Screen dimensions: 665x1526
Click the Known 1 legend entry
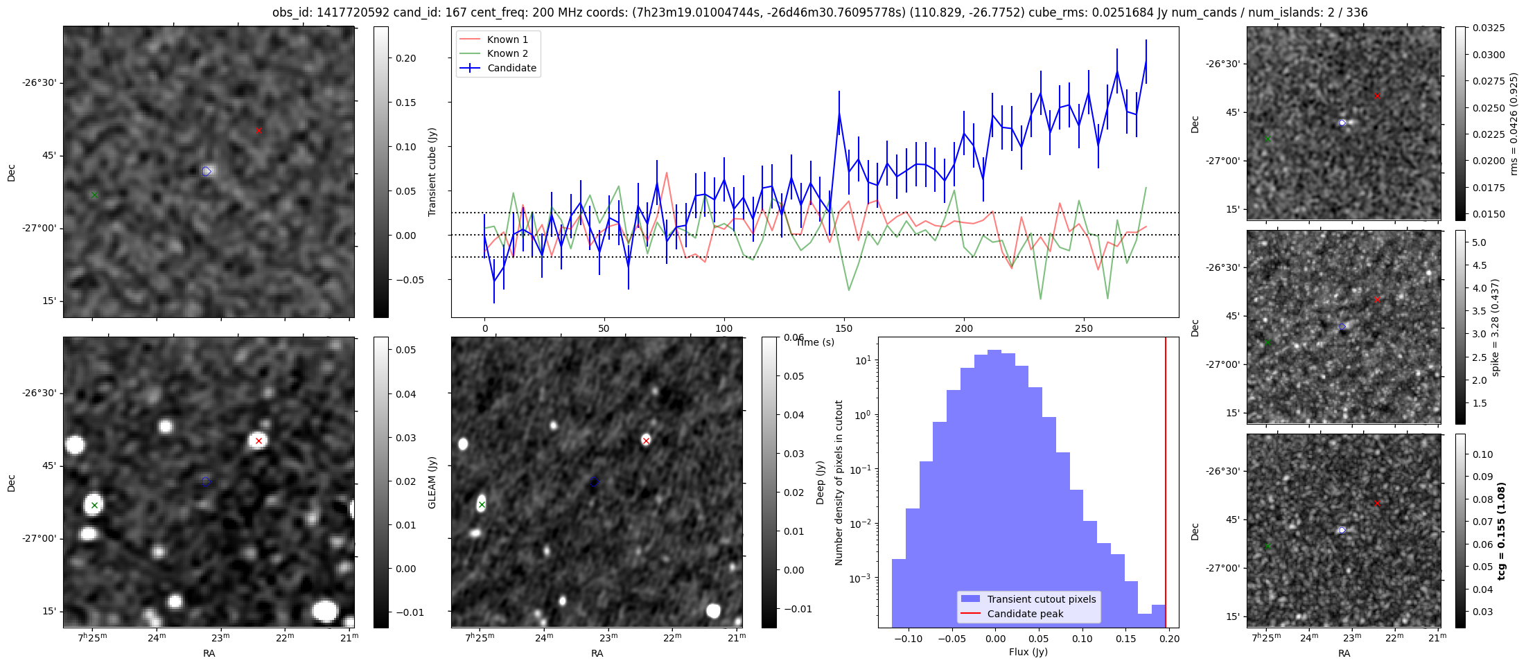(x=507, y=39)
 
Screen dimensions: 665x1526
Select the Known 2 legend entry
(x=507, y=53)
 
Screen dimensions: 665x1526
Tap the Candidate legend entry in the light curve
(x=511, y=68)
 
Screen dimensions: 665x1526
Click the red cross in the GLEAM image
(x=258, y=441)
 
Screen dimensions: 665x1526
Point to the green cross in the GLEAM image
(x=94, y=505)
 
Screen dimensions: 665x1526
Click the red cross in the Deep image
(x=646, y=441)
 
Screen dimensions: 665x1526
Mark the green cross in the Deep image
(x=482, y=504)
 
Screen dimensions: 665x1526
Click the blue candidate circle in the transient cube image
(x=206, y=171)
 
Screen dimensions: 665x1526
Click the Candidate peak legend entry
(x=1025, y=614)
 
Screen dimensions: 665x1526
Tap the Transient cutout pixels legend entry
(x=1041, y=599)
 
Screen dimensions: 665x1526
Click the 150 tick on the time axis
(x=844, y=328)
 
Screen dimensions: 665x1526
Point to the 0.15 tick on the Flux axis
(x=1126, y=639)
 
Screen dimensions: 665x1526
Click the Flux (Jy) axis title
(x=1028, y=652)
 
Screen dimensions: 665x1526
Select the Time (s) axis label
(x=815, y=342)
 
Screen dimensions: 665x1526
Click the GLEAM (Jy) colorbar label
(x=432, y=482)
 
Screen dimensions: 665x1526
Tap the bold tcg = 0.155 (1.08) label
(x=1502, y=531)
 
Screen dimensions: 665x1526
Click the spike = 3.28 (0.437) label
(x=1495, y=327)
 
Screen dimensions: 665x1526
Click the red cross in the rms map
(x=1377, y=96)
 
